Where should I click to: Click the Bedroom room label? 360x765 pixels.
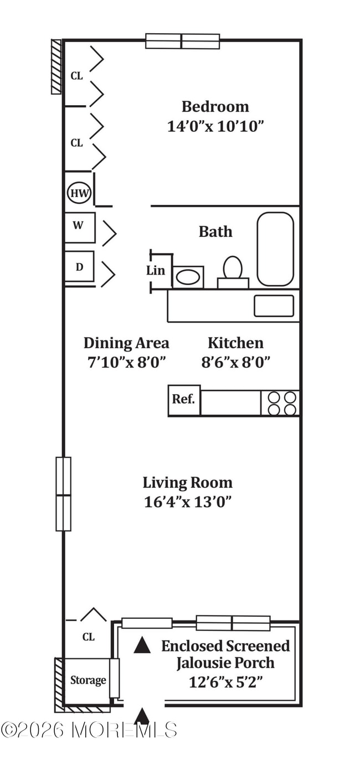[215, 107]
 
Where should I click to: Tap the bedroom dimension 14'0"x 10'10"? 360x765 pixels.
[216, 126]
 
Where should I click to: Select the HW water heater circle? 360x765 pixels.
[79, 193]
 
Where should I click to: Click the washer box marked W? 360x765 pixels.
[80, 228]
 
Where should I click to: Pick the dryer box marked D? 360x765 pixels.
[79, 266]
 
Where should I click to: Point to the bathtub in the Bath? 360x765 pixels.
[275, 249]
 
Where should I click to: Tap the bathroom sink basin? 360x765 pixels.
[188, 277]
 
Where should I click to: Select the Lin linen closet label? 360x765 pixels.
[156, 271]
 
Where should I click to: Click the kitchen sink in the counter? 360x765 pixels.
[274, 306]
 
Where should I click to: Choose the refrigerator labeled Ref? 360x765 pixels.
[184, 400]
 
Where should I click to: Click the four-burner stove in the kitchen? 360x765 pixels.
[280, 403]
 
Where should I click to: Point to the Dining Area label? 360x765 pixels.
[126, 343]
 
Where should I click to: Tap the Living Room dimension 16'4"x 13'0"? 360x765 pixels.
[188, 502]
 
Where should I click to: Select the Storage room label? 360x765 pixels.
[88, 680]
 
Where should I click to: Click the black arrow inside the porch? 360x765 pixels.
[142, 645]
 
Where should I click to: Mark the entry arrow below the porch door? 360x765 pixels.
[142, 716]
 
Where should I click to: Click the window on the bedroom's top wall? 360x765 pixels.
[183, 41]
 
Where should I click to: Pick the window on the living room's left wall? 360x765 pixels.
[64, 494]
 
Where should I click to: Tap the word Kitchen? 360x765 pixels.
[236, 343]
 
